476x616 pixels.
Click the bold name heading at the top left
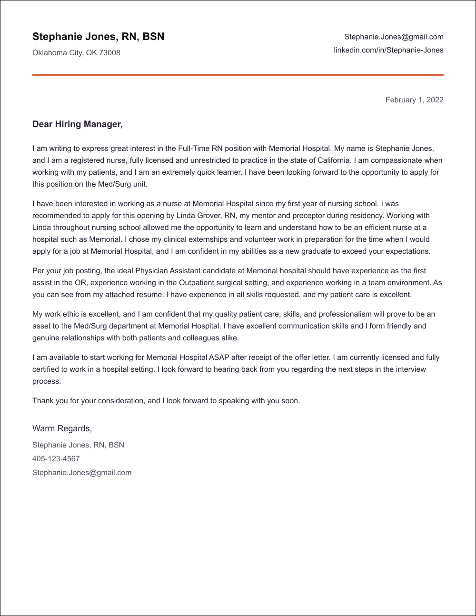point(98,37)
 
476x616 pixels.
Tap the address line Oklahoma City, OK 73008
point(76,53)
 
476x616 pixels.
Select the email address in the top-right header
point(394,37)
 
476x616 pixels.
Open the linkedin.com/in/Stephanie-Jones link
point(388,50)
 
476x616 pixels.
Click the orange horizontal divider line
point(238,75)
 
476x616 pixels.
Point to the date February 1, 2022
point(414,99)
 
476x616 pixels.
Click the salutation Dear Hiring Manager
point(78,124)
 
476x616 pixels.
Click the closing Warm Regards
point(62,428)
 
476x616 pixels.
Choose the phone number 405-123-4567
point(56,459)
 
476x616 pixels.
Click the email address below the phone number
point(82,473)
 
